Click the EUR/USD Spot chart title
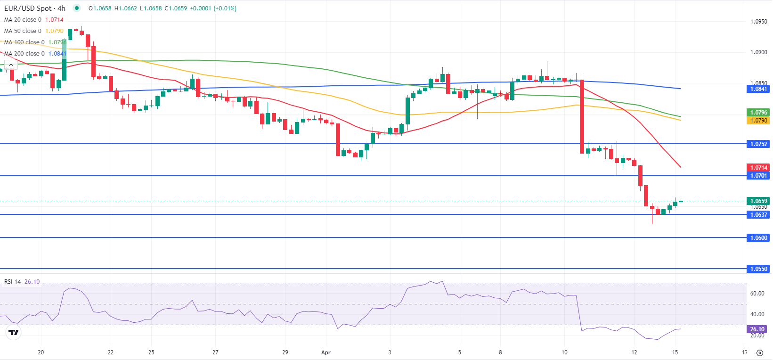click(34, 8)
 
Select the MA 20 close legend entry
click(23, 20)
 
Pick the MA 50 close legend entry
click(23, 31)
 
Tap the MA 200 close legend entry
click(24, 54)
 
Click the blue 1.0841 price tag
click(758, 89)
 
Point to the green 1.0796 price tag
click(758, 113)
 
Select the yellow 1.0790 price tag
click(758, 121)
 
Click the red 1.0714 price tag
click(758, 168)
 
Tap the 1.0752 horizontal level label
click(758, 144)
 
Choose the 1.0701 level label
click(758, 176)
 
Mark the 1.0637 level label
click(758, 215)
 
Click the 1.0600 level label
click(758, 238)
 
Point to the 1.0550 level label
click(758, 269)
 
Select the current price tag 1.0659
click(758, 201)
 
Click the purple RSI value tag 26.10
click(757, 329)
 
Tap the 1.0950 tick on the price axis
click(758, 22)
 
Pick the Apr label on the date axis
click(326, 352)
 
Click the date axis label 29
click(285, 352)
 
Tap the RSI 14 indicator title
click(13, 282)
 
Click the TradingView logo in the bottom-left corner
click(14, 333)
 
